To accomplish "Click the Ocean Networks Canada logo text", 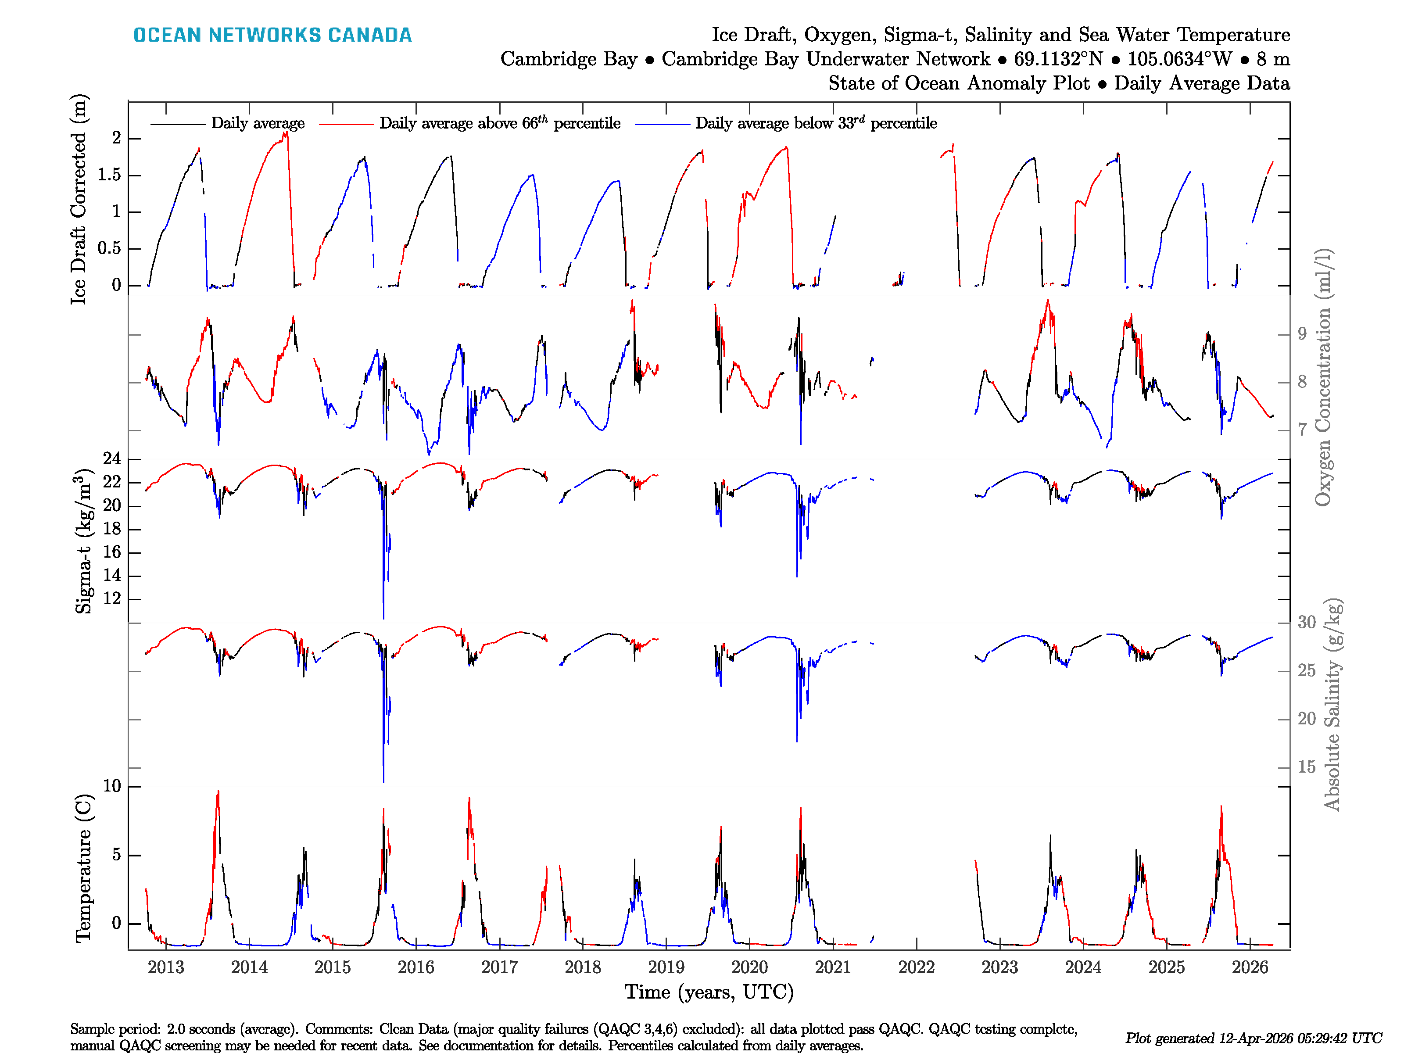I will tap(272, 35).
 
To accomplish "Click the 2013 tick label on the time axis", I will tap(166, 967).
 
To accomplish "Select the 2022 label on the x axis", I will tap(916, 967).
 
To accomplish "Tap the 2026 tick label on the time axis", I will tap(1249, 967).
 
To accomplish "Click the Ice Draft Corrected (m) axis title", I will tap(79, 200).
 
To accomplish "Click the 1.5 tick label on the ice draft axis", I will tap(109, 175).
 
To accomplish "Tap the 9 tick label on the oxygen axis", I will tap(1302, 334).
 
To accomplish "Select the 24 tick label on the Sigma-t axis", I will tap(112, 459).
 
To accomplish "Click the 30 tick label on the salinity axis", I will tap(1306, 622).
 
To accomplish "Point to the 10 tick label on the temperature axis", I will tap(112, 786).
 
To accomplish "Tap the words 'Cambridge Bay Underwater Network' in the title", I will tap(825, 59).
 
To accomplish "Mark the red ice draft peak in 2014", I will tap(285, 134).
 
